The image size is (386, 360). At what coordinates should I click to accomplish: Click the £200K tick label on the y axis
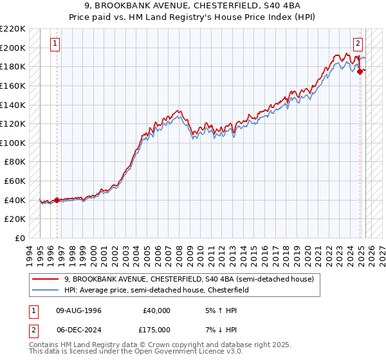[x=13, y=48]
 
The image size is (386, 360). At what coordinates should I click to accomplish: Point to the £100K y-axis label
[x=13, y=143]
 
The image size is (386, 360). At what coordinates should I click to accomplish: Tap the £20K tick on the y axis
[x=15, y=219]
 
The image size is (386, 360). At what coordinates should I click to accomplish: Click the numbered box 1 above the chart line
[x=55, y=44]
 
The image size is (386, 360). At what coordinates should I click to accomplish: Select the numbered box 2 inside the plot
[x=358, y=44]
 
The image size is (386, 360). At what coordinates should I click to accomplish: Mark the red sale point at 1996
[x=57, y=200]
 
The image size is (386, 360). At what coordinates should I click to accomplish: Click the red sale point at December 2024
[x=360, y=71]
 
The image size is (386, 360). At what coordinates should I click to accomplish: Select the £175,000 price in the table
[x=156, y=330]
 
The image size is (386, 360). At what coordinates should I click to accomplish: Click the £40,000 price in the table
[x=156, y=310]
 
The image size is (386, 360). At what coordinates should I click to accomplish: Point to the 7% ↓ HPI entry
[x=216, y=330]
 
